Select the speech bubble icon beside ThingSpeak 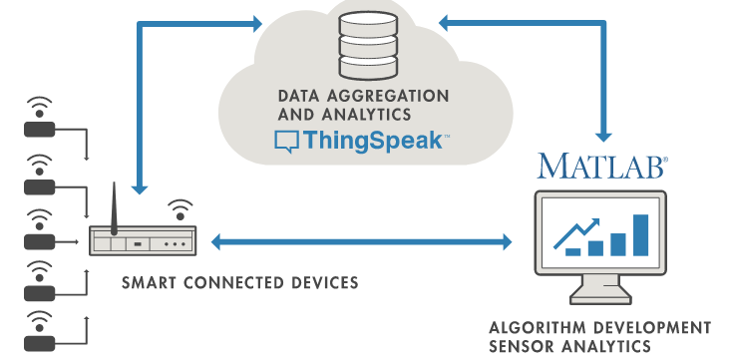(285, 142)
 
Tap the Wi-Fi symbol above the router (181, 209)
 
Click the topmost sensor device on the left (40, 129)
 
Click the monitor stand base (601, 298)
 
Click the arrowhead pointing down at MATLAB (601, 133)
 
